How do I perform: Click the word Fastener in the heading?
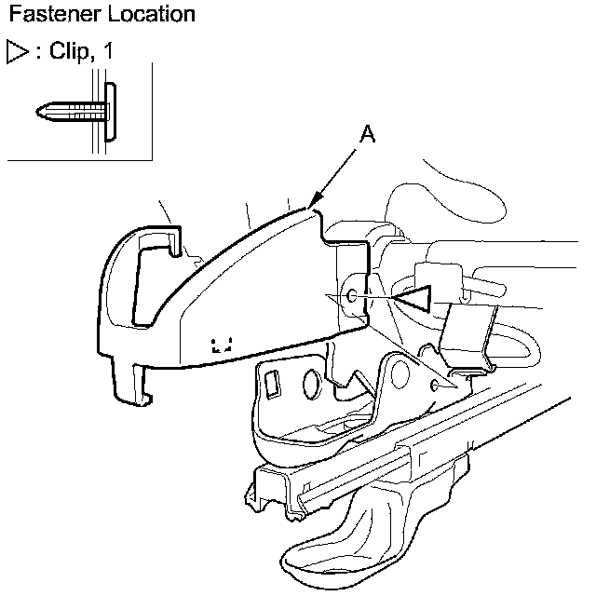coord(44,15)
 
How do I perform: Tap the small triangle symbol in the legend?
coord(17,51)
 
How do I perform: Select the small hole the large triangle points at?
coord(350,296)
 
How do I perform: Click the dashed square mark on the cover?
coord(222,345)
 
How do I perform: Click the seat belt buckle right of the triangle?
coord(470,334)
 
